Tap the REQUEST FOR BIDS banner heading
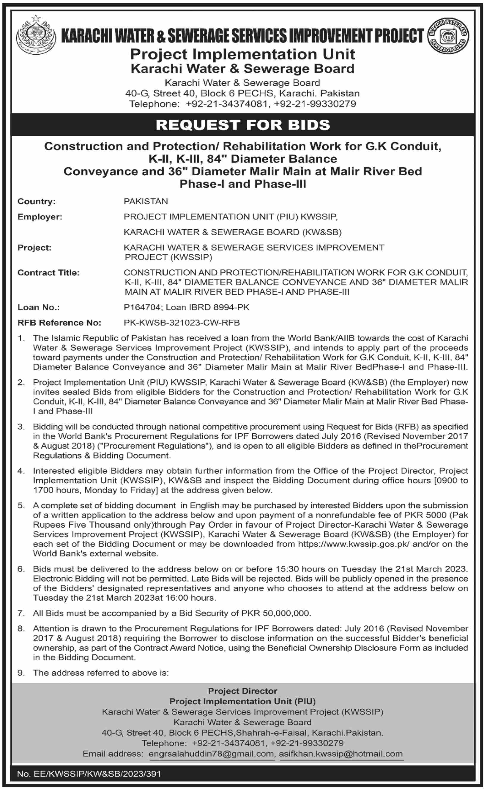click(242, 125)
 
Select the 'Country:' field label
click(36, 201)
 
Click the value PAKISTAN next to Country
click(146, 201)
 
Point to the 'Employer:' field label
click(40, 217)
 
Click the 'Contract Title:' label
click(48, 272)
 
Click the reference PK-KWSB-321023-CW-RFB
click(182, 323)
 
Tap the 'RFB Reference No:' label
click(59, 323)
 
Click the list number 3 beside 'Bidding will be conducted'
click(21, 427)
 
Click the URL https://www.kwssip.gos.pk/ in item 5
click(353, 544)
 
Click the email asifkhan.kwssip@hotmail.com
click(340, 754)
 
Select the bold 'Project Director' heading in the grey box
click(242, 691)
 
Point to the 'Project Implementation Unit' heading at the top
click(242, 54)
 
